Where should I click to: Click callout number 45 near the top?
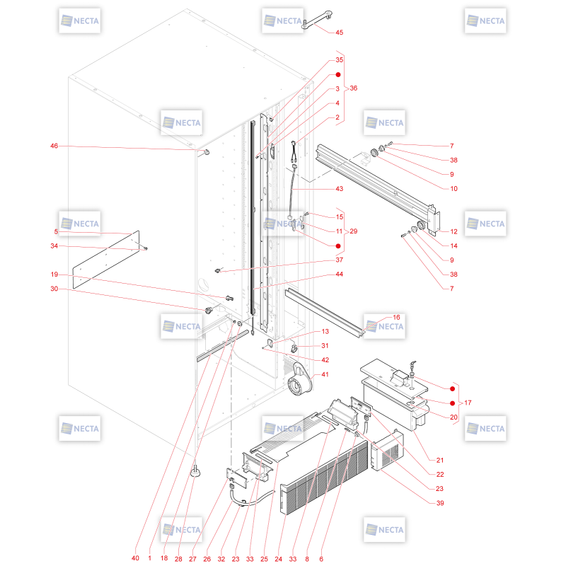click(x=339, y=33)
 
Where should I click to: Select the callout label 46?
click(x=54, y=146)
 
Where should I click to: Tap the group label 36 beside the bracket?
click(x=353, y=88)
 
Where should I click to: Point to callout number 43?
click(x=339, y=189)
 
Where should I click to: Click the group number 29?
click(x=353, y=231)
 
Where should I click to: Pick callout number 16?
click(x=396, y=317)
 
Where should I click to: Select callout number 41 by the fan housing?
click(x=325, y=374)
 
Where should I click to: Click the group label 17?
click(x=468, y=403)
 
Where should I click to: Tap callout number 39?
click(x=440, y=503)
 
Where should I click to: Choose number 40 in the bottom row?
click(x=135, y=558)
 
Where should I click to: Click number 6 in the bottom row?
click(x=321, y=559)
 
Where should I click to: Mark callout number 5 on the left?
click(x=56, y=231)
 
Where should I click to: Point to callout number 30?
click(x=54, y=289)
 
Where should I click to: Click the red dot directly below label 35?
click(x=338, y=75)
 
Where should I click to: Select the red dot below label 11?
click(x=338, y=246)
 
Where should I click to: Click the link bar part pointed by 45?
click(x=316, y=19)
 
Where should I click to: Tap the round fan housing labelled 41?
click(x=299, y=381)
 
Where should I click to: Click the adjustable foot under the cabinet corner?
click(x=196, y=471)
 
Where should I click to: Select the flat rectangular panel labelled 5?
click(x=106, y=260)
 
